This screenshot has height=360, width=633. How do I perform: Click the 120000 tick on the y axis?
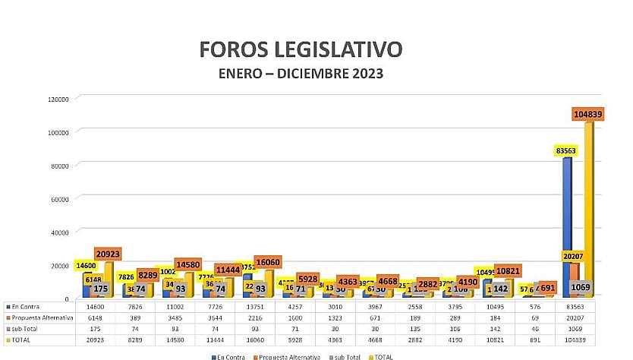(x=59, y=99)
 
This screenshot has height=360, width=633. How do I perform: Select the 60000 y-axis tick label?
(x=61, y=198)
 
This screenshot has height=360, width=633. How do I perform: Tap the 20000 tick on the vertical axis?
(x=61, y=265)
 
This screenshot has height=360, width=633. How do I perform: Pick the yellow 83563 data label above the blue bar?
(x=564, y=150)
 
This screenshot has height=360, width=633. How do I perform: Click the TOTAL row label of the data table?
(x=21, y=340)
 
